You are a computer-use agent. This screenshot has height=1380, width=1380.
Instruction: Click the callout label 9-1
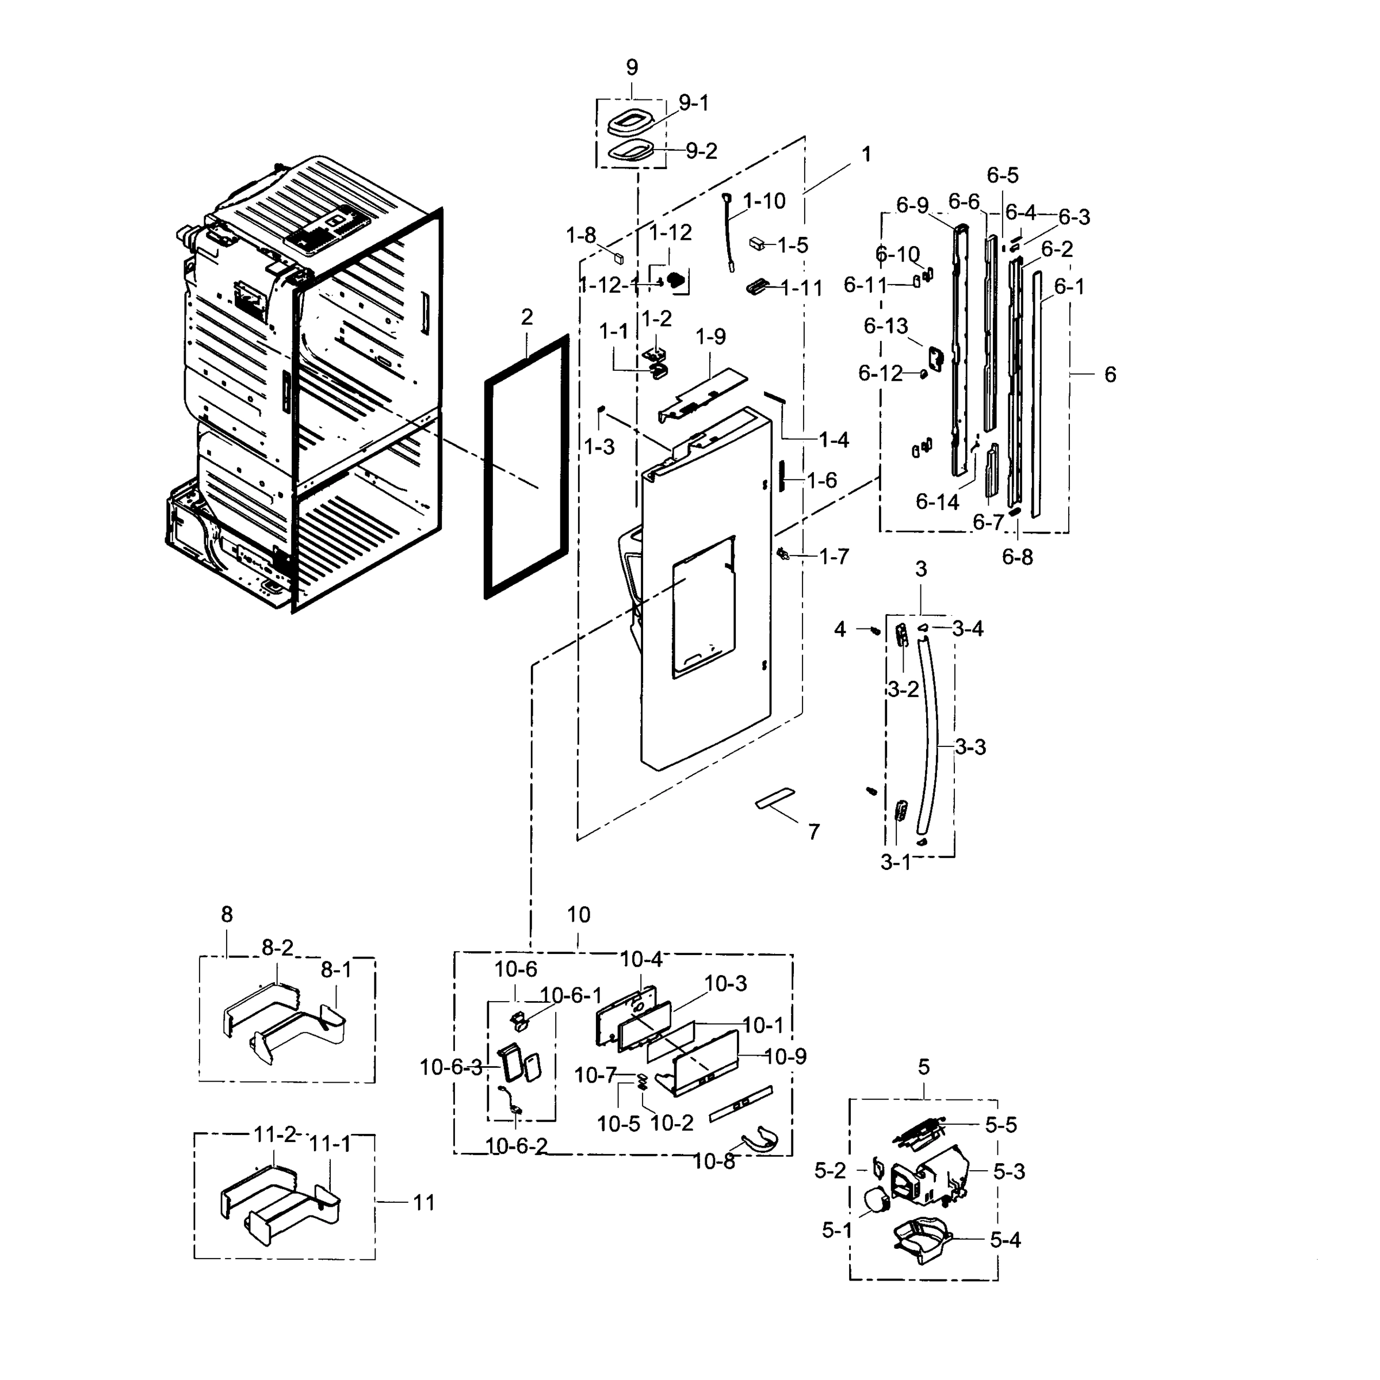click(693, 103)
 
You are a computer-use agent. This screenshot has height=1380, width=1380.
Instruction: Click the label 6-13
click(885, 327)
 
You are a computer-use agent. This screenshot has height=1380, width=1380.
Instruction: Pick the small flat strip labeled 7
click(775, 799)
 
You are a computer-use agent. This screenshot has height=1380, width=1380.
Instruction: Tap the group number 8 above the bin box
click(227, 914)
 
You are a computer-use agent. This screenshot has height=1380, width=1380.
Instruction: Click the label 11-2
click(274, 1134)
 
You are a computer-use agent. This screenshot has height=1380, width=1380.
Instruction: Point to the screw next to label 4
click(874, 630)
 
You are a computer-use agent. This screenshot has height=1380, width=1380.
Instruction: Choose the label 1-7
click(834, 557)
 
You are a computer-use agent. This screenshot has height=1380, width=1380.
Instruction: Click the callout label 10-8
click(713, 1161)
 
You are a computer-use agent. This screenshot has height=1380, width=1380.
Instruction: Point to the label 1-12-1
click(609, 286)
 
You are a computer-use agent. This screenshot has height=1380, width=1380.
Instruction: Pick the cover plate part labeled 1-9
click(704, 395)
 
